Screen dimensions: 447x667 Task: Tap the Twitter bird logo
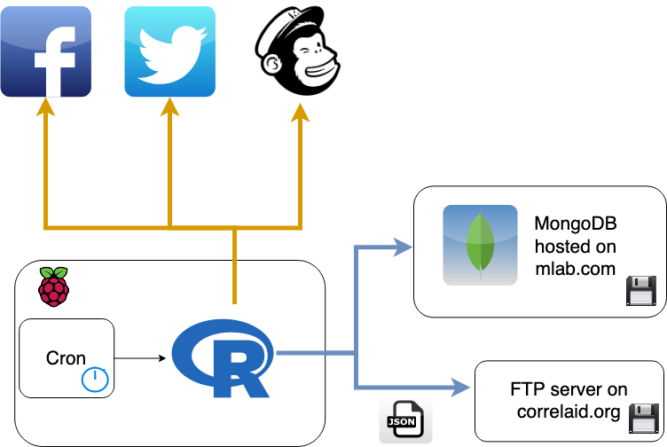point(169,51)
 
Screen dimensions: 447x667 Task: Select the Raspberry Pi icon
point(54,286)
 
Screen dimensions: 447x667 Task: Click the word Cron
point(66,359)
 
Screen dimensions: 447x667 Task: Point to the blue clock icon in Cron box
point(95,380)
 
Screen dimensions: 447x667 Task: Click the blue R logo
point(223,358)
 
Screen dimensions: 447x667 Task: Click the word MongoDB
point(576,223)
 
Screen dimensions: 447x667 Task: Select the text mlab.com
point(575,268)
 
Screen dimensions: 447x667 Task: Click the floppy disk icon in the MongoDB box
point(640,290)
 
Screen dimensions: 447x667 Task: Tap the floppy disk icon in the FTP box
point(642,418)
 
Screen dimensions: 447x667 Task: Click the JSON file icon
point(404,418)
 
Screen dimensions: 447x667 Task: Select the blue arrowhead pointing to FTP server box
point(460,386)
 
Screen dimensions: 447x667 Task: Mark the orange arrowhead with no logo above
point(300,112)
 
